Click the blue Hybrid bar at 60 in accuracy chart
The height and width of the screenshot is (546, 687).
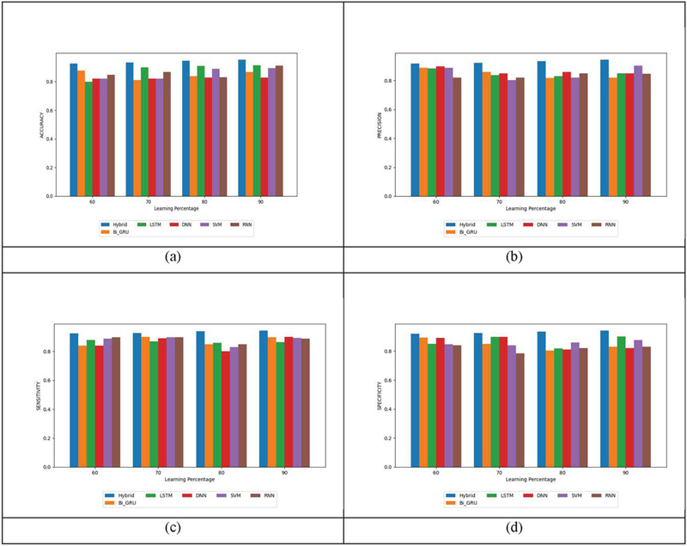click(74, 129)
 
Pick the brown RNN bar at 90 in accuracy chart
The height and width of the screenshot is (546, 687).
click(279, 131)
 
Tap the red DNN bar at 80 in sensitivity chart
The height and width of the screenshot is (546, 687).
click(226, 408)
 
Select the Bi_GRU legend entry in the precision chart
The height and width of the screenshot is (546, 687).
click(459, 231)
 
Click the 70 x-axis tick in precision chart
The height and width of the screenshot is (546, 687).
click(500, 202)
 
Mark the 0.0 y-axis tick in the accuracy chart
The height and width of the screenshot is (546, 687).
click(53, 196)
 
